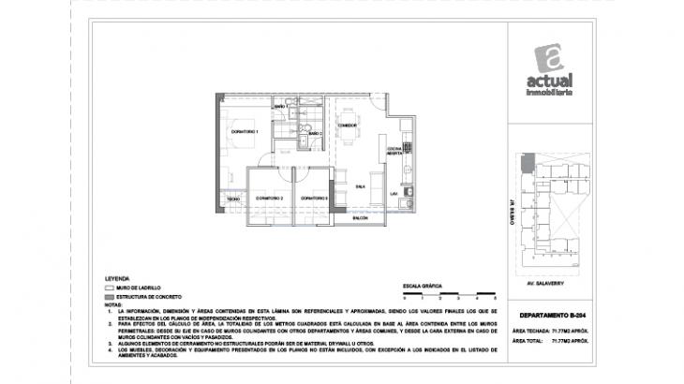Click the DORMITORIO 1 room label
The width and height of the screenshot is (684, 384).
click(x=245, y=132)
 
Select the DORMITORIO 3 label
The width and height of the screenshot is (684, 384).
click(x=313, y=199)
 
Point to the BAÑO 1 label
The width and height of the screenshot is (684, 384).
click(x=279, y=108)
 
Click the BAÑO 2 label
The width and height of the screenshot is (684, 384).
click(x=316, y=135)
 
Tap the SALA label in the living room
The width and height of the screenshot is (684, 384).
click(x=347, y=186)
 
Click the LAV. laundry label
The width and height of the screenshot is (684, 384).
click(x=395, y=193)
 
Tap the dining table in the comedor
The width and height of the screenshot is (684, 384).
click(x=349, y=143)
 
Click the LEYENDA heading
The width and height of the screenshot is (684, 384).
click(x=117, y=279)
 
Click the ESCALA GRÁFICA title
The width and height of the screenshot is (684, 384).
click(x=421, y=283)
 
